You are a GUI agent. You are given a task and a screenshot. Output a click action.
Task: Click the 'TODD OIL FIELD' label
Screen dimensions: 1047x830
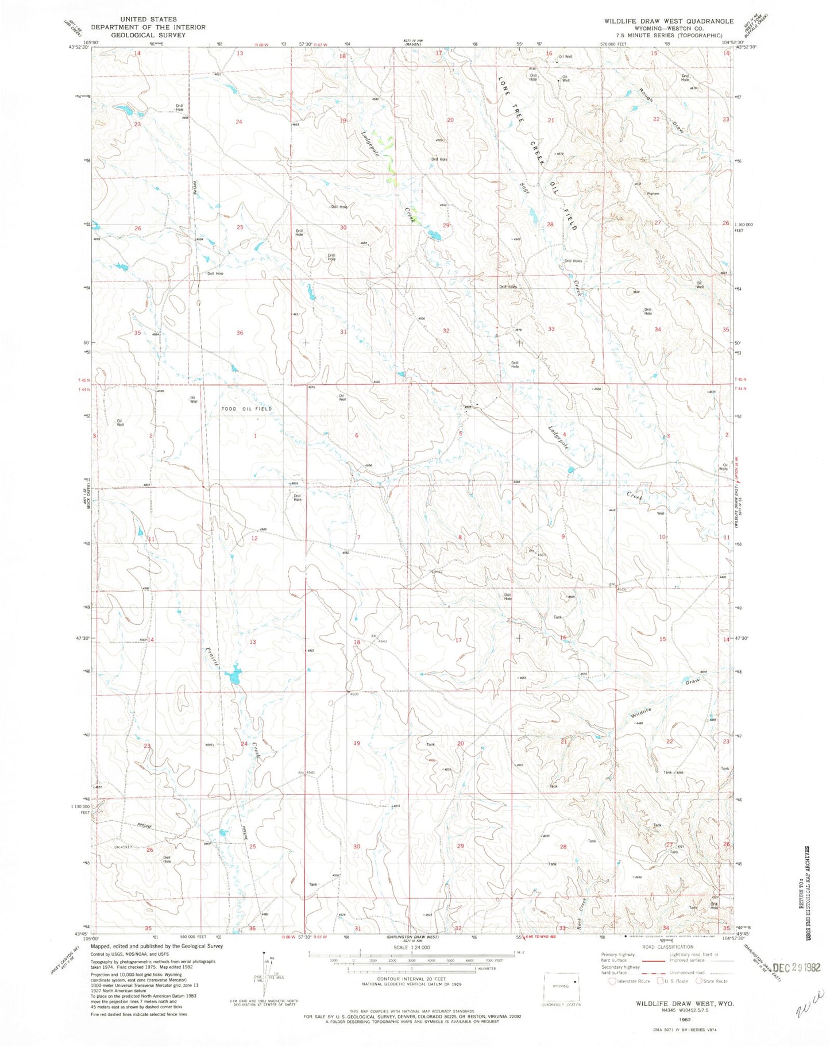pyautogui.click(x=247, y=408)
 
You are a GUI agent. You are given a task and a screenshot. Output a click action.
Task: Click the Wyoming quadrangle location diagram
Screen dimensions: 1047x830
pyautogui.click(x=562, y=987)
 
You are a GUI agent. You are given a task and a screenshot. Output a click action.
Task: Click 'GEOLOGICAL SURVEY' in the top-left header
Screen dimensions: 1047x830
pyautogui.click(x=148, y=34)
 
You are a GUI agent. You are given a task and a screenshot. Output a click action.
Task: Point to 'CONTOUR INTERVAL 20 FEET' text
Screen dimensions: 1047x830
pyautogui.click(x=410, y=979)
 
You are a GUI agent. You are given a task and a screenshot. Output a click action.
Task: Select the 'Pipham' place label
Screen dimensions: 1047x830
pyautogui.click(x=653, y=194)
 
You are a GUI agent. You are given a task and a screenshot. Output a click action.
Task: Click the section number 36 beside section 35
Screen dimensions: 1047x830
pyautogui.click(x=240, y=333)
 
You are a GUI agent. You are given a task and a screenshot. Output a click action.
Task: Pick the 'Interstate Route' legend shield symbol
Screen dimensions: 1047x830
pyautogui.click(x=612, y=981)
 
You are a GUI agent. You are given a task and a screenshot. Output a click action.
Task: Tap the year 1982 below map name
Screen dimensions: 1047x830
pyautogui.click(x=684, y=1020)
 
